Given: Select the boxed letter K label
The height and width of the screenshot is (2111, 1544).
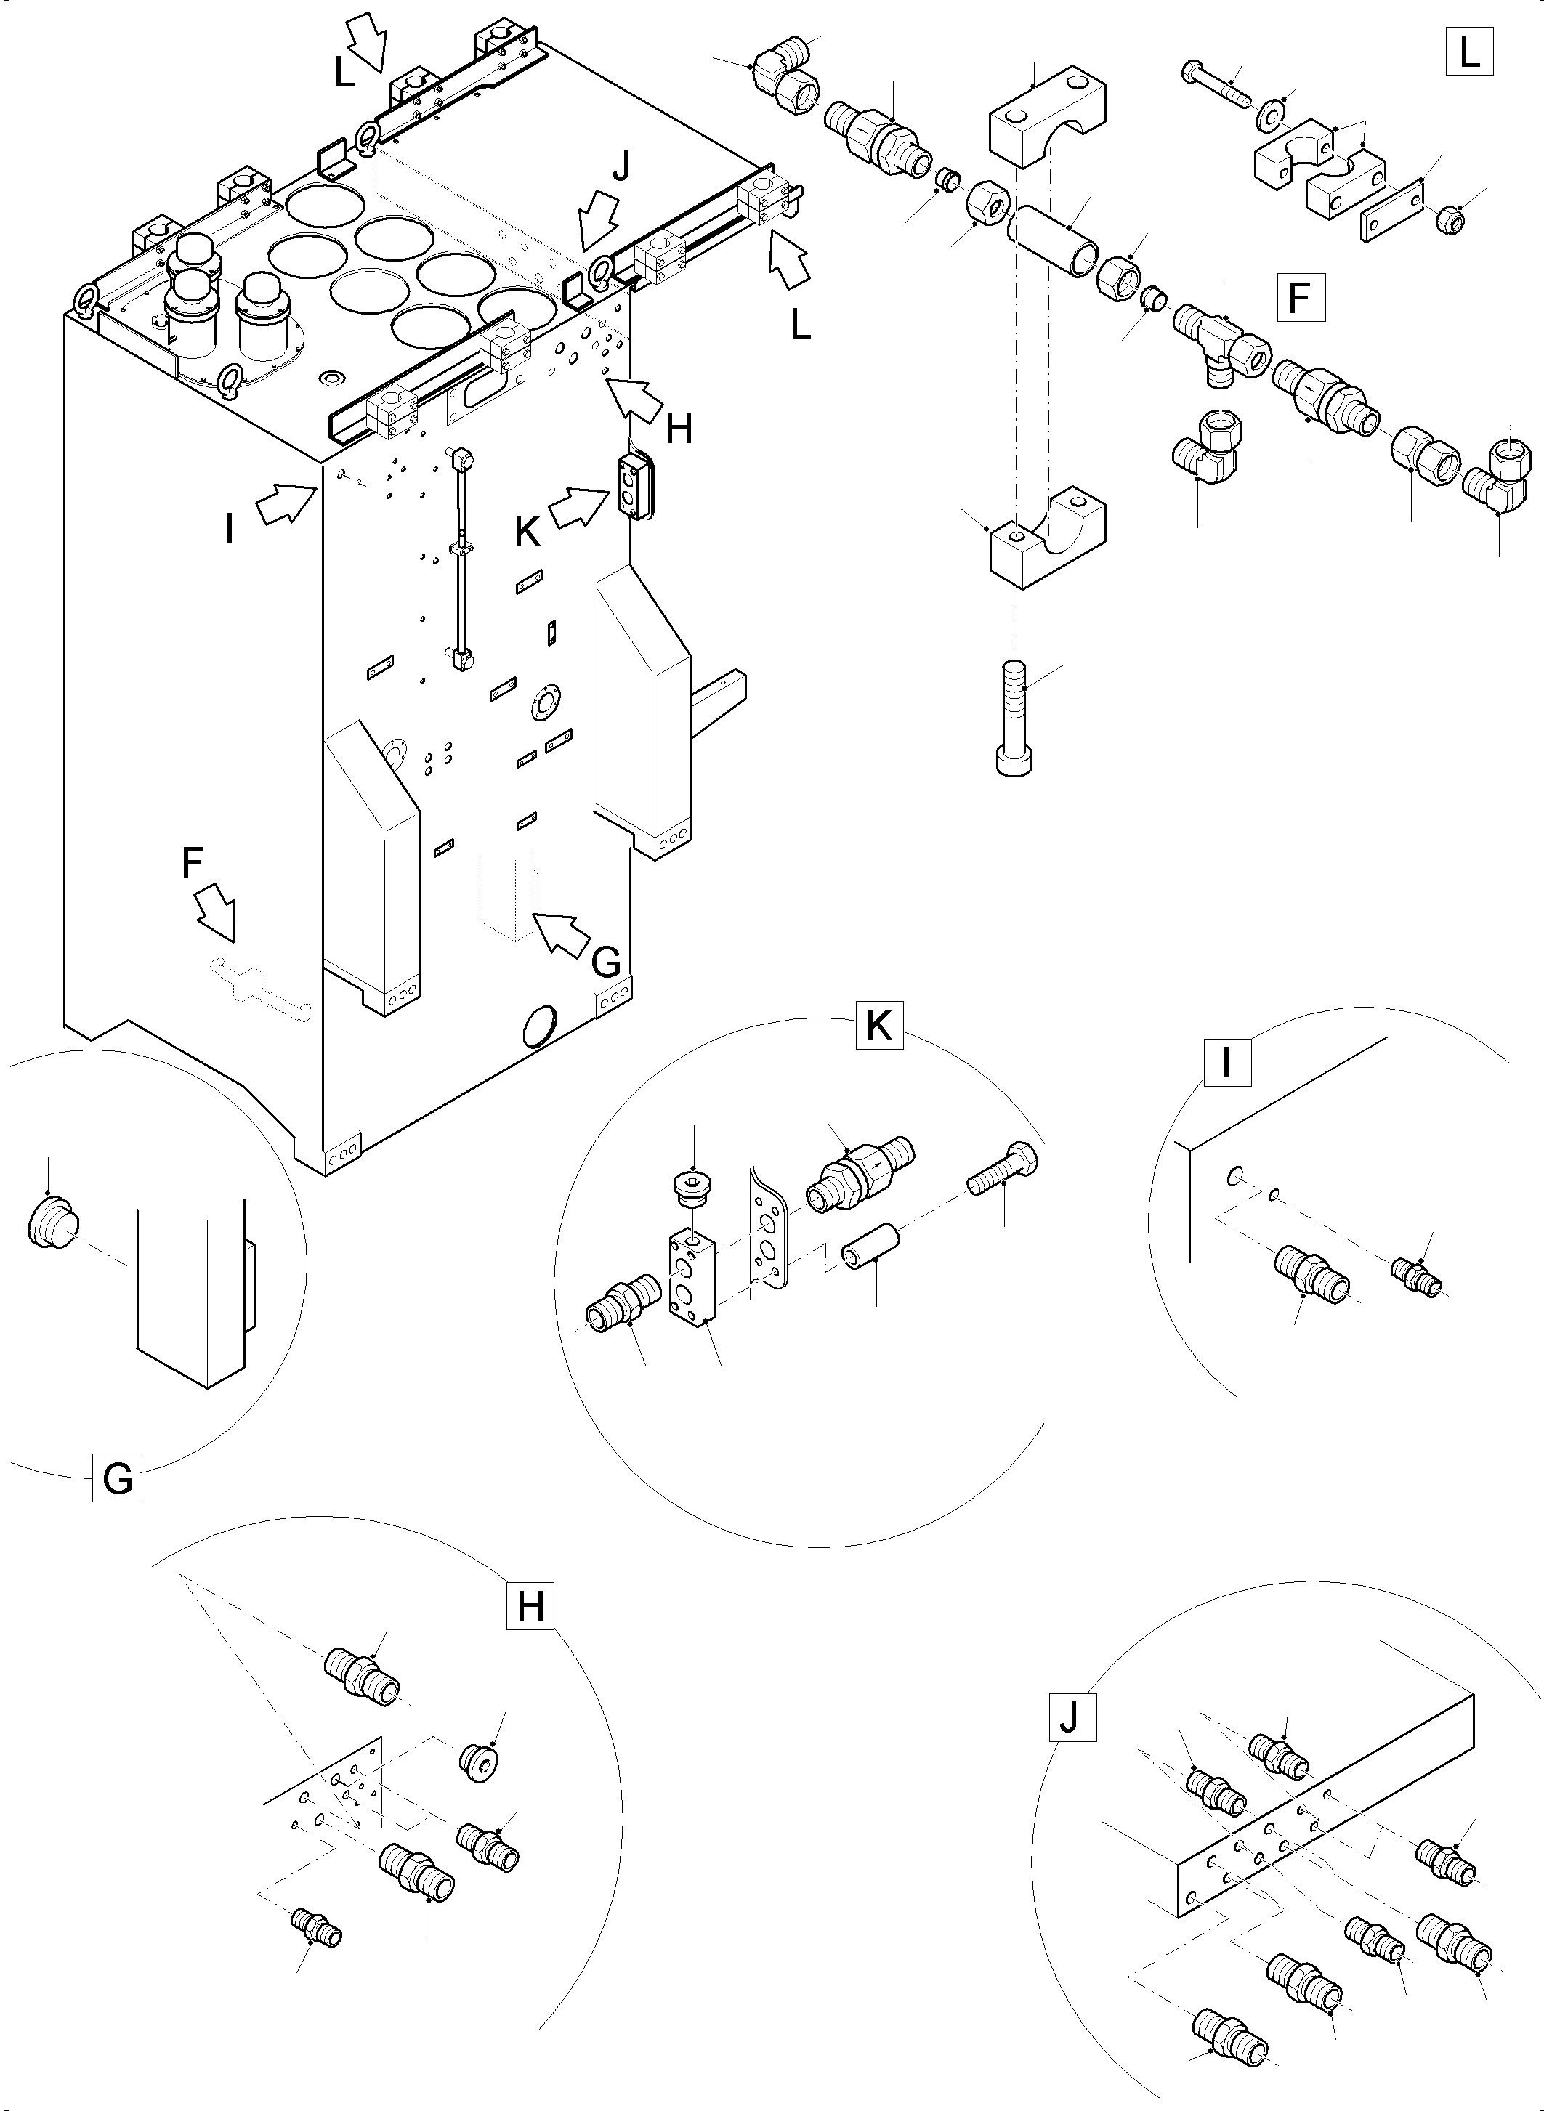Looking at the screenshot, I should coord(878,1026).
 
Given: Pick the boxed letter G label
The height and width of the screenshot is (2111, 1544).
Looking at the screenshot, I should coord(117,1478).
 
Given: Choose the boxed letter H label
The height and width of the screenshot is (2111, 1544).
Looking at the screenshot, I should coord(530,1606).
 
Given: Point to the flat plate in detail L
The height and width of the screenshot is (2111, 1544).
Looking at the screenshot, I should coord(1391,212).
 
